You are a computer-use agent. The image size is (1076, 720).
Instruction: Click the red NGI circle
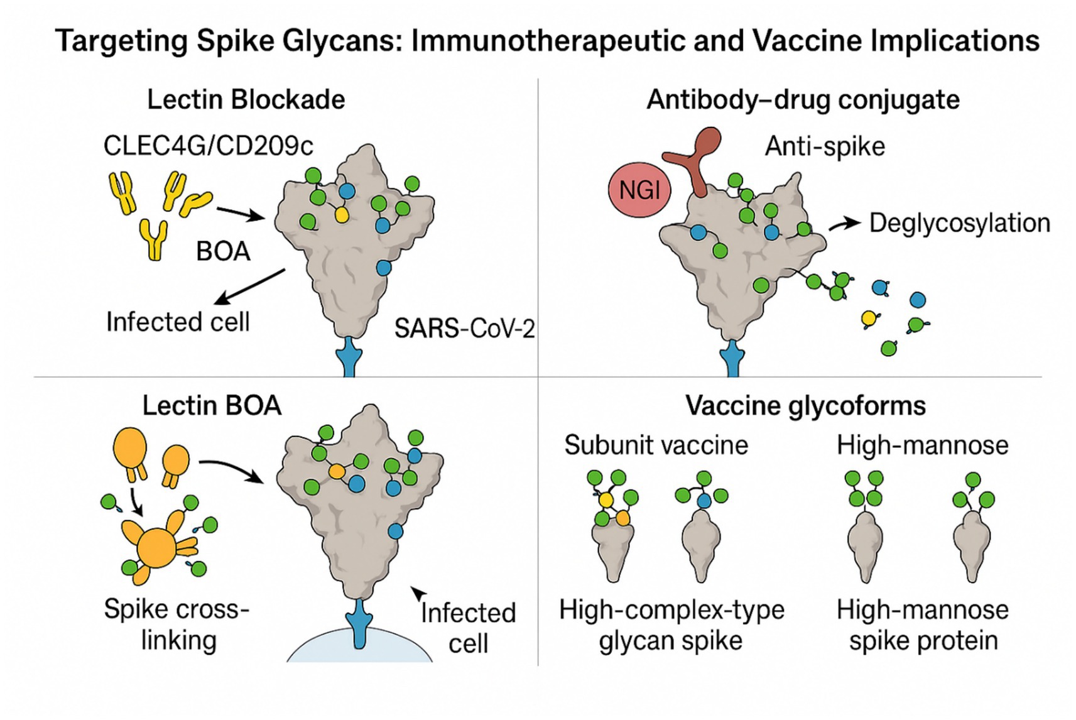(x=639, y=190)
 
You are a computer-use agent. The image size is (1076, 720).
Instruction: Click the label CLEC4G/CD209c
(x=208, y=146)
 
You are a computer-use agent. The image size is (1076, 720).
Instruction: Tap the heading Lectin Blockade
(x=246, y=100)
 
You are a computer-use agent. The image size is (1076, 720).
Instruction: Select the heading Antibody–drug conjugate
(x=803, y=100)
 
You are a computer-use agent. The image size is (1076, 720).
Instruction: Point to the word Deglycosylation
(x=959, y=223)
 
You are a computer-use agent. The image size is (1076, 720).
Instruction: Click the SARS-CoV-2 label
(x=464, y=329)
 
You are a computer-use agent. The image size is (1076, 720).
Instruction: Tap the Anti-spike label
(x=824, y=146)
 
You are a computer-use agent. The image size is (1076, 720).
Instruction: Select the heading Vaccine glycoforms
(x=805, y=406)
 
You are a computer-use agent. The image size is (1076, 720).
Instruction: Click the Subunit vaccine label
(x=656, y=445)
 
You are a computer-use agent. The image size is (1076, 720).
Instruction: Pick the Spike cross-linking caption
(x=177, y=625)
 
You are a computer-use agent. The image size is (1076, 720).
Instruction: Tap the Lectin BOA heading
(x=212, y=406)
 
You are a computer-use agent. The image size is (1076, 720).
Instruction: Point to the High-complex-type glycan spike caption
(x=671, y=625)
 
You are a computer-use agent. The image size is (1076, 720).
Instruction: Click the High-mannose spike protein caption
(x=922, y=625)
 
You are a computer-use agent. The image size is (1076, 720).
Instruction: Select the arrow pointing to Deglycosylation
(x=845, y=224)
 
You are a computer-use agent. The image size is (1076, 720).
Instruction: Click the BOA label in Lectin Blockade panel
(x=223, y=251)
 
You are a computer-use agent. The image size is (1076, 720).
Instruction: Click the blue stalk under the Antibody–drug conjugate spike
(x=731, y=359)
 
